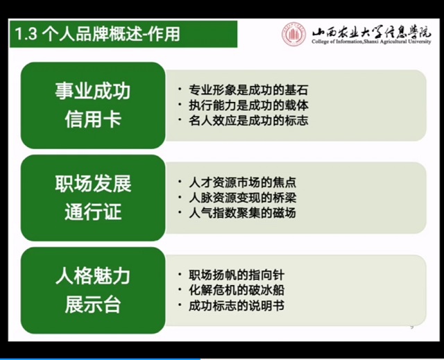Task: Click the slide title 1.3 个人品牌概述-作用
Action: pyautogui.click(x=98, y=34)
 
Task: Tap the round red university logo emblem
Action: pyautogui.click(x=293, y=35)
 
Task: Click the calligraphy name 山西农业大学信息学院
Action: pyautogui.click(x=371, y=31)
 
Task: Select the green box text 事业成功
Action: pyautogui.click(x=92, y=92)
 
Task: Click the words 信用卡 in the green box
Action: pyautogui.click(x=92, y=119)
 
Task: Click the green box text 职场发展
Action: pyautogui.click(x=92, y=185)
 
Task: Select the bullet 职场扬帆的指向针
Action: pyautogui.click(x=235, y=275)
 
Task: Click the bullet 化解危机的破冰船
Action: pyautogui.click(x=235, y=290)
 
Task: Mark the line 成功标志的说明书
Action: pyautogui.click(x=235, y=305)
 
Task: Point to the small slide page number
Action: pyautogui.click(x=412, y=327)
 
